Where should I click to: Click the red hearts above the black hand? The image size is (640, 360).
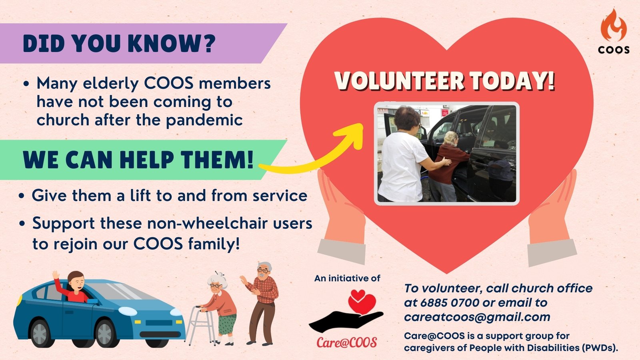click(x=362, y=302)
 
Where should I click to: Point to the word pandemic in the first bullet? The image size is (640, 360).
click(x=204, y=120)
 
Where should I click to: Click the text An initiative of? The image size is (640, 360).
click(x=347, y=278)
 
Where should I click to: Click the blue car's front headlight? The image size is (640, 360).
click(x=128, y=311)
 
